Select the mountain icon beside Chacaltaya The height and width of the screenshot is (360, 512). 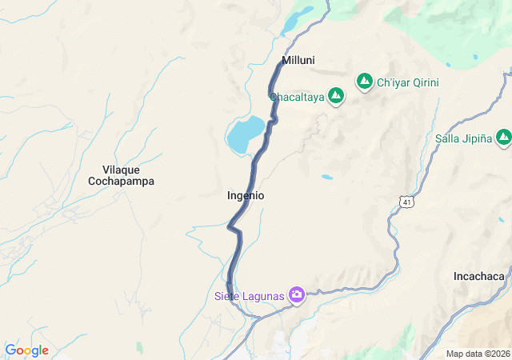(336, 97)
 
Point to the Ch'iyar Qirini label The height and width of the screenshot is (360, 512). (408, 82)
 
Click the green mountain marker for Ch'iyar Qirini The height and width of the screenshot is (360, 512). (365, 82)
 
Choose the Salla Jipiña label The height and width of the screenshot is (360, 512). (462, 138)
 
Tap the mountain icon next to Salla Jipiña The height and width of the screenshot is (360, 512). (503, 138)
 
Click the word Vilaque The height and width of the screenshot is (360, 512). (121, 169)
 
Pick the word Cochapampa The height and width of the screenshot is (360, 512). (121, 182)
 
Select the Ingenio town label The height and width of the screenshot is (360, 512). (246, 195)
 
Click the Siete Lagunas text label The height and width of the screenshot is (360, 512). (250, 297)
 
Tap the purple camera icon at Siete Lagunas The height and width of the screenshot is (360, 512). (297, 296)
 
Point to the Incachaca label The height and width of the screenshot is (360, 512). (478, 276)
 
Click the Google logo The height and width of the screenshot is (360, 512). (26, 350)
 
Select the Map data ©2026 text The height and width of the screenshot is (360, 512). (478, 354)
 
